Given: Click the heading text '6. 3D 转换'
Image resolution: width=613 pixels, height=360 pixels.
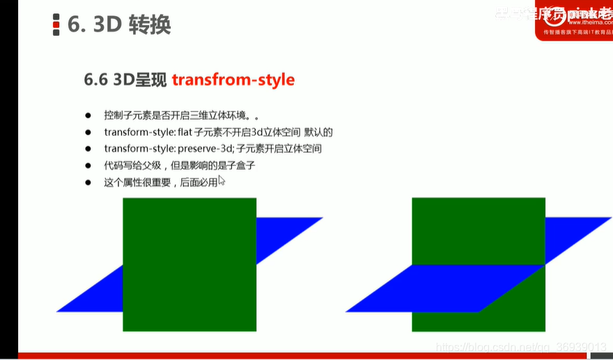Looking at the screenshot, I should click(x=119, y=25).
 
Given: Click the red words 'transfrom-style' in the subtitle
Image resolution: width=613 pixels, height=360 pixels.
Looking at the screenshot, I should click(x=233, y=80).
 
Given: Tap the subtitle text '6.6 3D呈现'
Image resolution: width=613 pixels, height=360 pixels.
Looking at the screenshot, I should click(x=125, y=80).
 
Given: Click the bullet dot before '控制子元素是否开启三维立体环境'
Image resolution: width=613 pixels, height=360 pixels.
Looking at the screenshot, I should click(x=88, y=115).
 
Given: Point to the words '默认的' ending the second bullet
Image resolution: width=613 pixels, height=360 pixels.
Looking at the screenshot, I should click(x=318, y=132).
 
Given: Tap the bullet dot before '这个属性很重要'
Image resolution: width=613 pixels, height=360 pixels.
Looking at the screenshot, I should click(x=88, y=182).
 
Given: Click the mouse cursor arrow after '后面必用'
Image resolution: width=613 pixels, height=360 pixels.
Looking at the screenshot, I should click(x=221, y=180).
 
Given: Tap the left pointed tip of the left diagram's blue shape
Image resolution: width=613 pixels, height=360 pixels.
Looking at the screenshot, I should click(x=60, y=310).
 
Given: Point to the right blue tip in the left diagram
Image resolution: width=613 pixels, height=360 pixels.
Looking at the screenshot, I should click(x=318, y=219).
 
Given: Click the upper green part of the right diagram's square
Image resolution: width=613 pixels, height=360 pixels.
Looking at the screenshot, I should click(x=478, y=230).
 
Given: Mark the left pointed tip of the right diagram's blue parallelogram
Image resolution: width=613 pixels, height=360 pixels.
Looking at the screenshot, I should click(x=349, y=310).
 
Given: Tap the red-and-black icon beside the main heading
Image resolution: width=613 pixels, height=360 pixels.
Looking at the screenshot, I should click(x=56, y=25).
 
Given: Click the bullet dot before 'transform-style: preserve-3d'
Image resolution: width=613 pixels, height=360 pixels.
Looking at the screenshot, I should click(x=88, y=148).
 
